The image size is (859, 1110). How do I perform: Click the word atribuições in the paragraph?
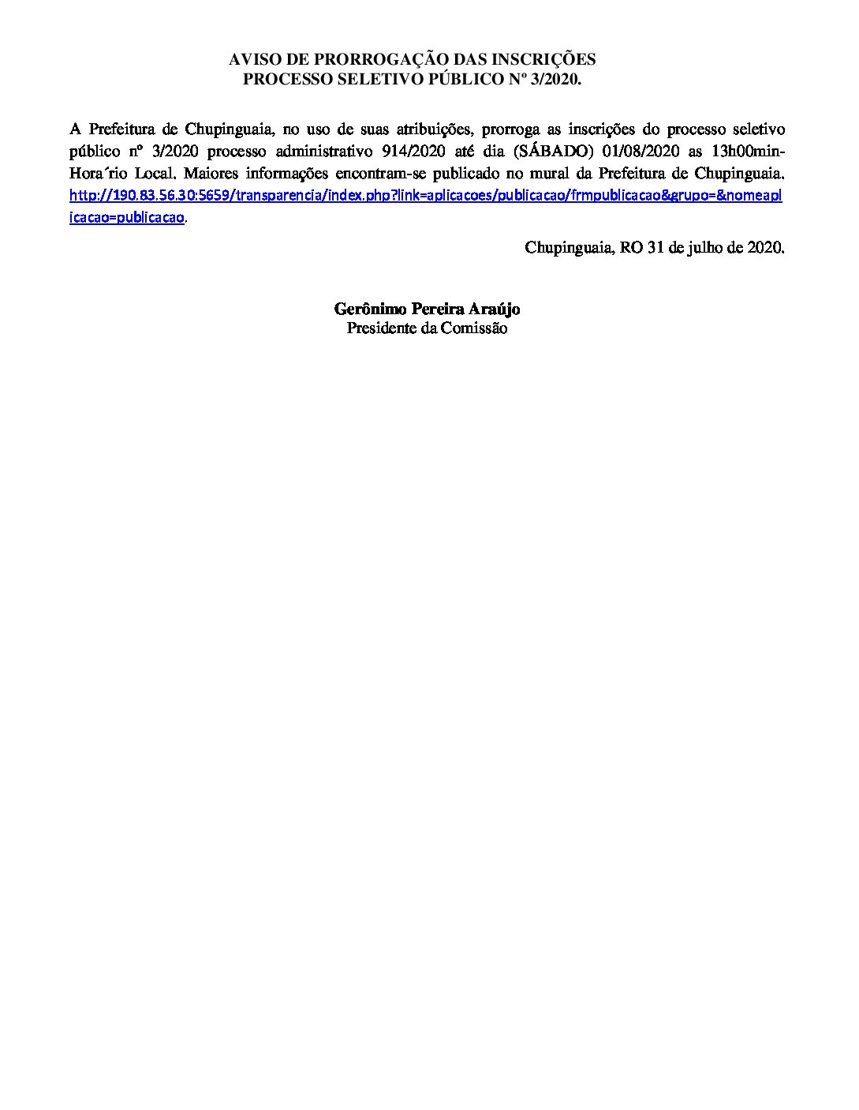(x=426, y=129)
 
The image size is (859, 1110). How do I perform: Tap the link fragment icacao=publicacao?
(x=127, y=217)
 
